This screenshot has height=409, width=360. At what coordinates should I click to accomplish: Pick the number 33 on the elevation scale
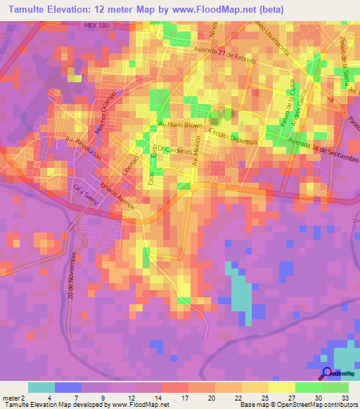pos(345,397)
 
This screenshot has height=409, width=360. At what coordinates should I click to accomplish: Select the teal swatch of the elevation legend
pos(41,387)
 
